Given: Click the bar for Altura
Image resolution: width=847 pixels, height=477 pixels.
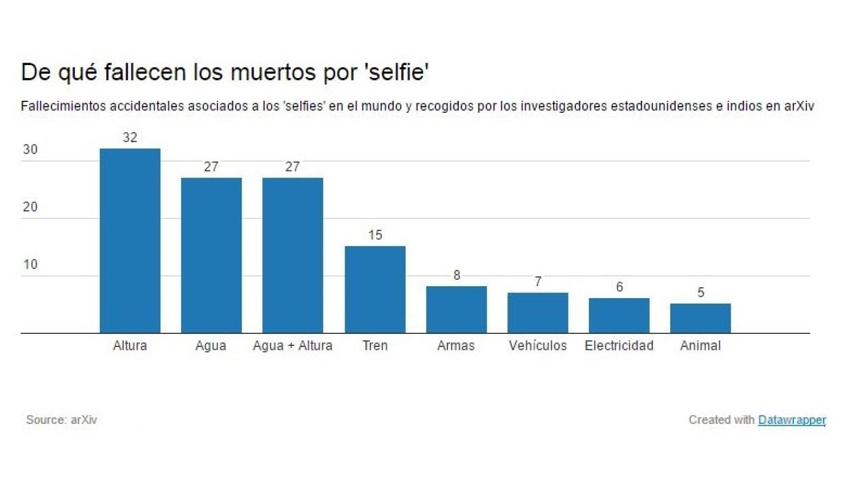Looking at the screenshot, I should coord(130,241).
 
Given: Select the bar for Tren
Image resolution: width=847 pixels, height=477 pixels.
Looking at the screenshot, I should coord(375,289).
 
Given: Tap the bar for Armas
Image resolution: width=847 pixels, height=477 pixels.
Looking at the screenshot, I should coord(456,310).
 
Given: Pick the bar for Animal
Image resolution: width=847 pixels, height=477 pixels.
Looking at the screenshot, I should coord(700,318).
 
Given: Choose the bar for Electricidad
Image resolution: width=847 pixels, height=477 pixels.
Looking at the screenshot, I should coord(619,316).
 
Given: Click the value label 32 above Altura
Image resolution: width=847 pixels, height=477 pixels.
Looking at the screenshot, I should coord(130,138).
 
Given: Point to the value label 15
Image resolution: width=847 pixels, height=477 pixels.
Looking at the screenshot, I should coord(375,235).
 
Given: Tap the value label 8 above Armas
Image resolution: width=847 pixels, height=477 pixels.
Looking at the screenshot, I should coord(457,275).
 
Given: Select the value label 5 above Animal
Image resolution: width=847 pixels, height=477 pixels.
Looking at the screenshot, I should coord(701,293).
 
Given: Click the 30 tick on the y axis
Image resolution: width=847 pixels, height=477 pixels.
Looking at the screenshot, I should coord(30,150).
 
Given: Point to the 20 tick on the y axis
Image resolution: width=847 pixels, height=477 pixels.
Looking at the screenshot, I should coord(30,207).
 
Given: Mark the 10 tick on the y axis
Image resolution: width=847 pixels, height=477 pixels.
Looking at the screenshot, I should coord(30,264).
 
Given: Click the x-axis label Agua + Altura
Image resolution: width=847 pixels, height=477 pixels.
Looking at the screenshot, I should coord(292,346).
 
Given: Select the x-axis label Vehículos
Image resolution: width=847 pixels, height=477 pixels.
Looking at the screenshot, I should coord(538,346).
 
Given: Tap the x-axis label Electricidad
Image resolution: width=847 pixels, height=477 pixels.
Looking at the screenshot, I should coord(619,346).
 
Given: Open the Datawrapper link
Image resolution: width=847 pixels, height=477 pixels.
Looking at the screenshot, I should coord(791,420).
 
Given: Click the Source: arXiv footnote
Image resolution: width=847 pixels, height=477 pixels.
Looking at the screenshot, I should coord(62,420).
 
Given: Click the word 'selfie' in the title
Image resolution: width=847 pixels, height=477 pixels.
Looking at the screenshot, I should coord(396,72).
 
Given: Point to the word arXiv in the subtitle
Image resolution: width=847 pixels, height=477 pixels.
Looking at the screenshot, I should coord(799,106).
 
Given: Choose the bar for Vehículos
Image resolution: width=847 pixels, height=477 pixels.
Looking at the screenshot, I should coord(538,313).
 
